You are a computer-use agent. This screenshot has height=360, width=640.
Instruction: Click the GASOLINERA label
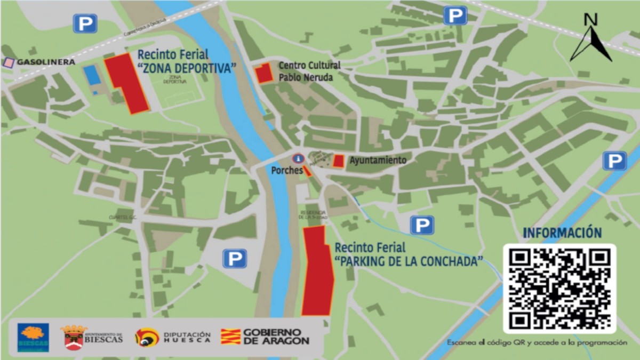click(x=46, y=62)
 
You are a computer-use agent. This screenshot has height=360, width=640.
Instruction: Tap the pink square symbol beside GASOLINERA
click(x=9, y=62)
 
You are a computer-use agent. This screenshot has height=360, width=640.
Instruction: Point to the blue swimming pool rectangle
click(x=92, y=75)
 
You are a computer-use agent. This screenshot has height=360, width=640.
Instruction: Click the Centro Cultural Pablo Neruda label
click(x=309, y=71)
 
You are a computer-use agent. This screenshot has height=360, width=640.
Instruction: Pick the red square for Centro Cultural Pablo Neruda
click(x=263, y=73)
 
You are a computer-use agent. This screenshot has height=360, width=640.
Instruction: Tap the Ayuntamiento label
click(x=378, y=160)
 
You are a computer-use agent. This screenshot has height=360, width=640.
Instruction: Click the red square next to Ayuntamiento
click(x=338, y=161)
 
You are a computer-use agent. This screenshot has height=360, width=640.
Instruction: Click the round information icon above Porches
click(x=298, y=158)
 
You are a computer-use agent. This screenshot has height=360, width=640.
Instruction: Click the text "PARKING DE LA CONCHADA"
click(x=409, y=261)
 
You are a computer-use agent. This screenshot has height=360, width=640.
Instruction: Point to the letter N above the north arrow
click(x=590, y=20)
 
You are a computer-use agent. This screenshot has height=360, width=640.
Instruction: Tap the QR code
click(x=559, y=289)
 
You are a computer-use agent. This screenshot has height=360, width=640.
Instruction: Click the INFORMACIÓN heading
click(x=562, y=233)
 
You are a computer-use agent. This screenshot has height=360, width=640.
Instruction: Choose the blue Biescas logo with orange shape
click(x=33, y=337)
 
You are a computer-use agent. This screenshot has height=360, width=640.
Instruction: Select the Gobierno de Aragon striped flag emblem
click(x=230, y=337)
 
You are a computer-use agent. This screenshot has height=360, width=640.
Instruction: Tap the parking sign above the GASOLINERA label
click(x=85, y=23)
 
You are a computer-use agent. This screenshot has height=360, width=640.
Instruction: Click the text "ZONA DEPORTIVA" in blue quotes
click(x=187, y=68)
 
